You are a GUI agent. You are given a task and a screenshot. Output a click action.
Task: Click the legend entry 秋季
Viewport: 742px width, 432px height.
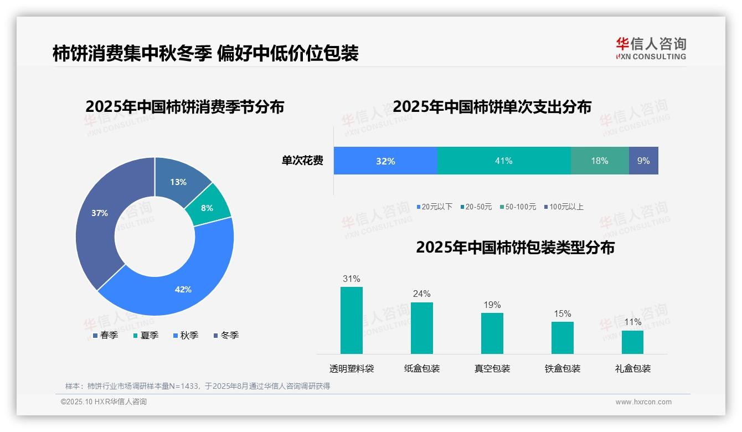pyautogui.click(x=185, y=336)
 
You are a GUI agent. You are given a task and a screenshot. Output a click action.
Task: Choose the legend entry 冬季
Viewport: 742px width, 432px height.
pyautogui.click(x=226, y=336)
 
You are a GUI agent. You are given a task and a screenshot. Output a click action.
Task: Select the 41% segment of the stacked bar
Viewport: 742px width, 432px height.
pyautogui.click(x=504, y=161)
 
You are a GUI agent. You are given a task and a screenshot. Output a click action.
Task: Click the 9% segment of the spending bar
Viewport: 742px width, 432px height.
pyautogui.click(x=643, y=161)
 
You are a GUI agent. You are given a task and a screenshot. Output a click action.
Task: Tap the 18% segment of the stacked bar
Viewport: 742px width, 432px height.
pyautogui.click(x=600, y=161)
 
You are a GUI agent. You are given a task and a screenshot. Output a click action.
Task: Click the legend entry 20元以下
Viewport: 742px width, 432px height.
pyautogui.click(x=434, y=207)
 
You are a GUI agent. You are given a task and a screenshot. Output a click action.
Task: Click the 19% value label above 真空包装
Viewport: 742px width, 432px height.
pyautogui.click(x=492, y=305)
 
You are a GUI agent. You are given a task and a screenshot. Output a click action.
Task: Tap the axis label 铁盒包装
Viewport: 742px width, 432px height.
pyautogui.click(x=563, y=369)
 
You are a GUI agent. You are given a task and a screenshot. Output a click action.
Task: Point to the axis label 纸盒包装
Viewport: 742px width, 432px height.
pyautogui.click(x=422, y=369)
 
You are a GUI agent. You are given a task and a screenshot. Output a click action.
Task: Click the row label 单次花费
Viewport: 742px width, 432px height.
pyautogui.click(x=302, y=161)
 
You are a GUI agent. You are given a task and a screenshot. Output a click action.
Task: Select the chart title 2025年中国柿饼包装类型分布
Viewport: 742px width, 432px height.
pyautogui.click(x=515, y=248)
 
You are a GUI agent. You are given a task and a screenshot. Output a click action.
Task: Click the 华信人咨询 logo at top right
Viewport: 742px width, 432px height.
pyautogui.click(x=651, y=48)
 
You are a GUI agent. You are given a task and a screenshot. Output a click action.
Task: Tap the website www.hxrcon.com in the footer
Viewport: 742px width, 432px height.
pyautogui.click(x=643, y=402)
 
